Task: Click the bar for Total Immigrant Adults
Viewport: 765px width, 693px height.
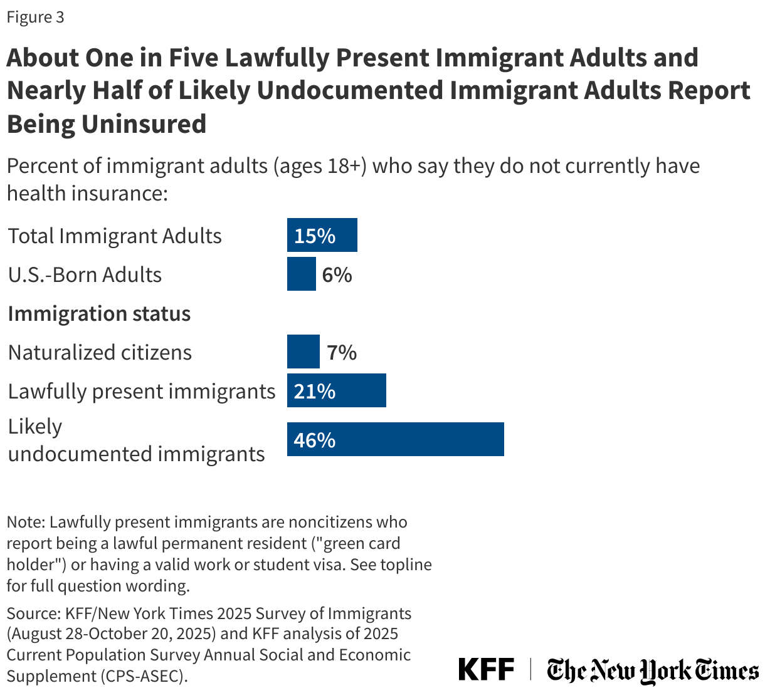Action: [322, 235]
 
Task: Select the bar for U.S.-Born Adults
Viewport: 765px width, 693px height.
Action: [301, 274]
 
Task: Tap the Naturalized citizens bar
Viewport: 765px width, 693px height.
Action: [303, 352]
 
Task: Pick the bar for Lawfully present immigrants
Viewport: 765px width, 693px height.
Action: [336, 390]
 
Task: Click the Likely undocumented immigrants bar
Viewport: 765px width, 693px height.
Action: [395, 439]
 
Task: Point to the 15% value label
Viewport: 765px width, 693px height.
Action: [315, 236]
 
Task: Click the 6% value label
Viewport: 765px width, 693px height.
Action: [337, 274]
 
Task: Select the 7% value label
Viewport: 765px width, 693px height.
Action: [342, 352]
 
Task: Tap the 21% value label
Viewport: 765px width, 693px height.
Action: [315, 391]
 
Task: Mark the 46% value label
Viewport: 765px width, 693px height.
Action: [315, 440]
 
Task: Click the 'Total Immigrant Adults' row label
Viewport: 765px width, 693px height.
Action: [115, 236]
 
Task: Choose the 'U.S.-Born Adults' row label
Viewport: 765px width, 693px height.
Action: [85, 274]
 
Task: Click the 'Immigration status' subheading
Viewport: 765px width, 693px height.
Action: [99, 313]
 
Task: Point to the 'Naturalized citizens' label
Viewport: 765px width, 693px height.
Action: [100, 352]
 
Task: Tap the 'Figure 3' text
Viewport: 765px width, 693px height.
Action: [35, 17]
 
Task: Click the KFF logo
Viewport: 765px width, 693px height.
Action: [486, 669]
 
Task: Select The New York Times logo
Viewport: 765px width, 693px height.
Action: [652, 670]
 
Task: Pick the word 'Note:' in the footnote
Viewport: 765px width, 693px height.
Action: [26, 522]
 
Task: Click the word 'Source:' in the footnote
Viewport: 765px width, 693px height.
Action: [32, 613]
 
